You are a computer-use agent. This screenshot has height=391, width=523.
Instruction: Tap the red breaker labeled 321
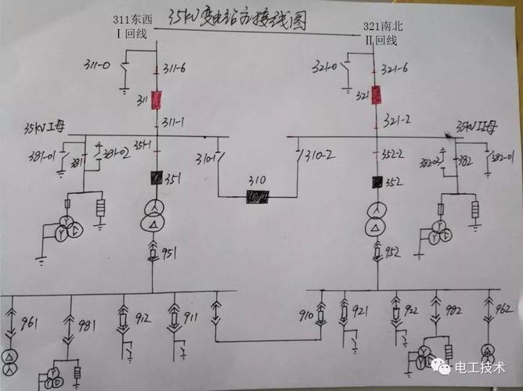pos(377,95)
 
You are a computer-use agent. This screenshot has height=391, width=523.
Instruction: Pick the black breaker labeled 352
pos(377,182)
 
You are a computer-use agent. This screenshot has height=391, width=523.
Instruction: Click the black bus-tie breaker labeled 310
pos(257,197)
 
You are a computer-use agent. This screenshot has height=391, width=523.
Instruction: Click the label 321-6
pos(395,70)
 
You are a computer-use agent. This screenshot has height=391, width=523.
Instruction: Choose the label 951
pos(169,252)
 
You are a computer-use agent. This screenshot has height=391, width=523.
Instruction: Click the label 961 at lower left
pos(29,322)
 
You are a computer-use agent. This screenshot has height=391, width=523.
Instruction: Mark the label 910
pos(306,316)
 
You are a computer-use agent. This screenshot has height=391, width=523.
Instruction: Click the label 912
pos(143,318)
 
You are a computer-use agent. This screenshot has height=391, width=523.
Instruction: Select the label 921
pos(360,313)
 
